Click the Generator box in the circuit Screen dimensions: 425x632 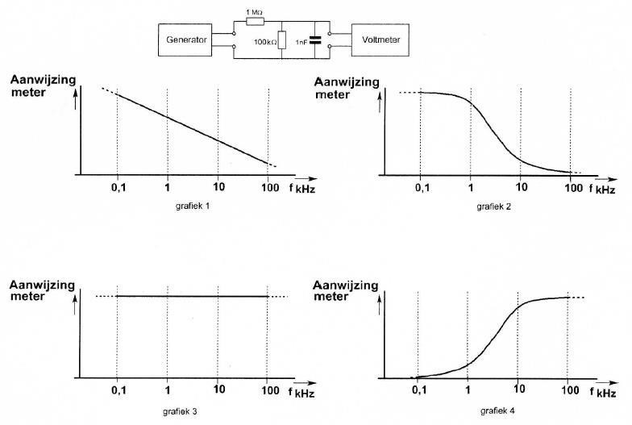tap(186, 40)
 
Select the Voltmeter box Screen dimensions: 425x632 tap(380, 40)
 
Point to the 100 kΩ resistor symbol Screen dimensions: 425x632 tap(281, 41)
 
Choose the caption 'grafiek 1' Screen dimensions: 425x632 tap(193, 206)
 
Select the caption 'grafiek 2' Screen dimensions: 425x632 tap(494, 206)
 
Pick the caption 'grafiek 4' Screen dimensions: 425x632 tap(497, 410)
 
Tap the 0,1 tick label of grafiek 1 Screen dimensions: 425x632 tap(118, 189)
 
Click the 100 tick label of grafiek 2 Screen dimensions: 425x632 tap(572, 189)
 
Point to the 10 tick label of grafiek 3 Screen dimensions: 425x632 tap(218, 390)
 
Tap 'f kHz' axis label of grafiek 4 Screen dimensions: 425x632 tap(601, 393)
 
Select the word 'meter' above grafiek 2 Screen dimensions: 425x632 tap(333, 94)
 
